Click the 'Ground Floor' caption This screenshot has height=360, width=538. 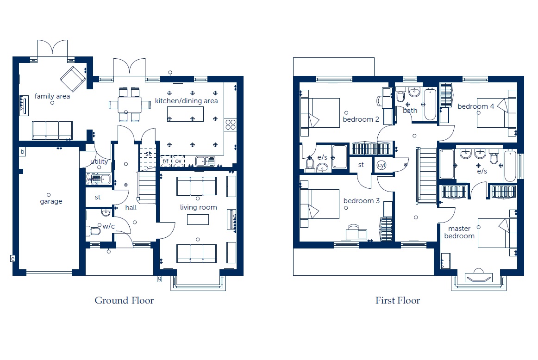[124, 301]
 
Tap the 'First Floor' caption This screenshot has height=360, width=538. [398, 301]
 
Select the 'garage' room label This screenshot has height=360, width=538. [51, 201]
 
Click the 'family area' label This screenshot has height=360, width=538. [52, 96]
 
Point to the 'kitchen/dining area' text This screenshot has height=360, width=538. [186, 101]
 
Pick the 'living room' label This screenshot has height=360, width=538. [198, 207]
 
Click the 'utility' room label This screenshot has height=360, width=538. [99, 161]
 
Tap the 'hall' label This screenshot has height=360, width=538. [131, 207]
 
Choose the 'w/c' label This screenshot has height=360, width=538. [108, 226]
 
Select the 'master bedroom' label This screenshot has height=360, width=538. [459, 232]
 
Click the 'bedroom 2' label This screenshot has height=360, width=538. [361, 119]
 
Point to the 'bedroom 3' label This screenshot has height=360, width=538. [362, 200]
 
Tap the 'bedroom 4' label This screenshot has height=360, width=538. [476, 106]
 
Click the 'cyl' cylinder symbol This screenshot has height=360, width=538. [382, 165]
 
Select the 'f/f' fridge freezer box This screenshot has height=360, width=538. [166, 161]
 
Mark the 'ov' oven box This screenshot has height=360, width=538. [178, 161]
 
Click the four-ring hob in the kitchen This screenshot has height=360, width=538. [231, 124]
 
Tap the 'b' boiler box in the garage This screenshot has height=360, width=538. [22, 152]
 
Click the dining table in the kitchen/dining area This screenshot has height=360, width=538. [130, 105]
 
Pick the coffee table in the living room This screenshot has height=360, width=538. [198, 219]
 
